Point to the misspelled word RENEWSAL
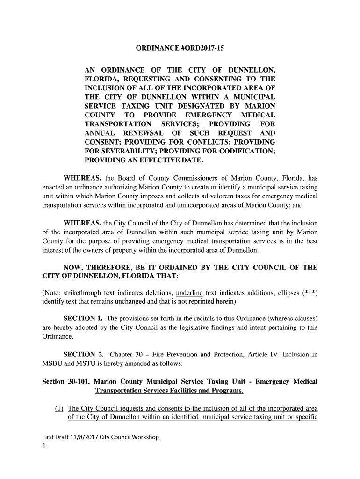pos(132,133)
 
